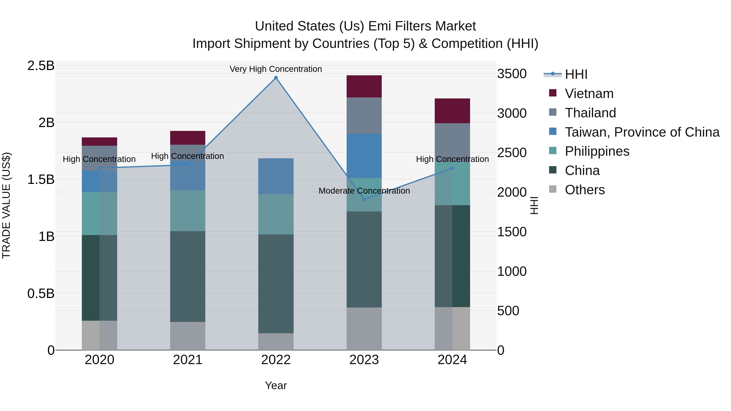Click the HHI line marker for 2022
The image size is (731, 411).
276,78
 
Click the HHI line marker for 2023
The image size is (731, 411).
364,199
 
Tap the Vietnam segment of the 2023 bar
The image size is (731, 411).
364,86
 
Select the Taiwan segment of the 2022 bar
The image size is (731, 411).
276,176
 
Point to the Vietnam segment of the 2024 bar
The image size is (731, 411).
452,111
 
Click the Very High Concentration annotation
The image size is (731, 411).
276,69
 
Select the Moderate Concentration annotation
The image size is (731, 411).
364,191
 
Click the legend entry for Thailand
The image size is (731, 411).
590,113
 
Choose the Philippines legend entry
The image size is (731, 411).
597,151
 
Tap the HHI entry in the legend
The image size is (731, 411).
576,74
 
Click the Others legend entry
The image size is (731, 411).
585,190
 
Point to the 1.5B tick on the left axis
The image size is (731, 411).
41,180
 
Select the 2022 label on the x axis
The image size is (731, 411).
276,360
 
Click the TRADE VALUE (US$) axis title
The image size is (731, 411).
6,205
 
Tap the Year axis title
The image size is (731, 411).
276,385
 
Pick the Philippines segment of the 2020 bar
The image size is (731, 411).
99,214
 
